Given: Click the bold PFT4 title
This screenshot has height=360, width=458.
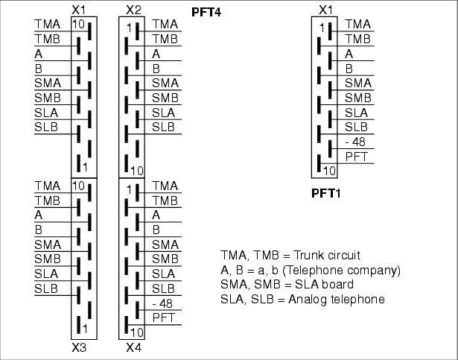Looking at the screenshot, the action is coord(206,12).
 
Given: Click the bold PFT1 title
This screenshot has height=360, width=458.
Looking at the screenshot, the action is coord(326,193).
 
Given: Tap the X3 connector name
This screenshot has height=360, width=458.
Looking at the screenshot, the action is coord(79,347).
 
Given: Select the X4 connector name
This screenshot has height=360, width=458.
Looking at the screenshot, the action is coord(134,347).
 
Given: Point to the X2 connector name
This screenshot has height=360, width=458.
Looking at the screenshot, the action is coord(134,10).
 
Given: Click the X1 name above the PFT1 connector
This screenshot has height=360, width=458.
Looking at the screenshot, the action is coord(326,10).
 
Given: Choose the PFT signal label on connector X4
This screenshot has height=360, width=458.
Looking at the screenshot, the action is coord(164,318).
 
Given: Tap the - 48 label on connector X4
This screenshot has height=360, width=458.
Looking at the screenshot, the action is coord(162,303).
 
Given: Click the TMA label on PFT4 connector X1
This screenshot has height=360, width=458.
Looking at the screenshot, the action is coord(48,24).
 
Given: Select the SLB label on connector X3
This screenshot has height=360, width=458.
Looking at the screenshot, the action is coord(46,288).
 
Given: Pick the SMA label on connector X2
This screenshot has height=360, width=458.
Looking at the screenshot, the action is coord(165,83).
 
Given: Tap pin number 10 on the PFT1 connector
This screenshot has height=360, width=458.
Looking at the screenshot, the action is coord(330,171).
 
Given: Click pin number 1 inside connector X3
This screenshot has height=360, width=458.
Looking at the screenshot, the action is coord(85,329).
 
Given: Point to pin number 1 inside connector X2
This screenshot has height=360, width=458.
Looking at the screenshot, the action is coord(129,28).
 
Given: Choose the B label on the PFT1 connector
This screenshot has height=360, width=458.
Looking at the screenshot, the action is coord(349,69).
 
